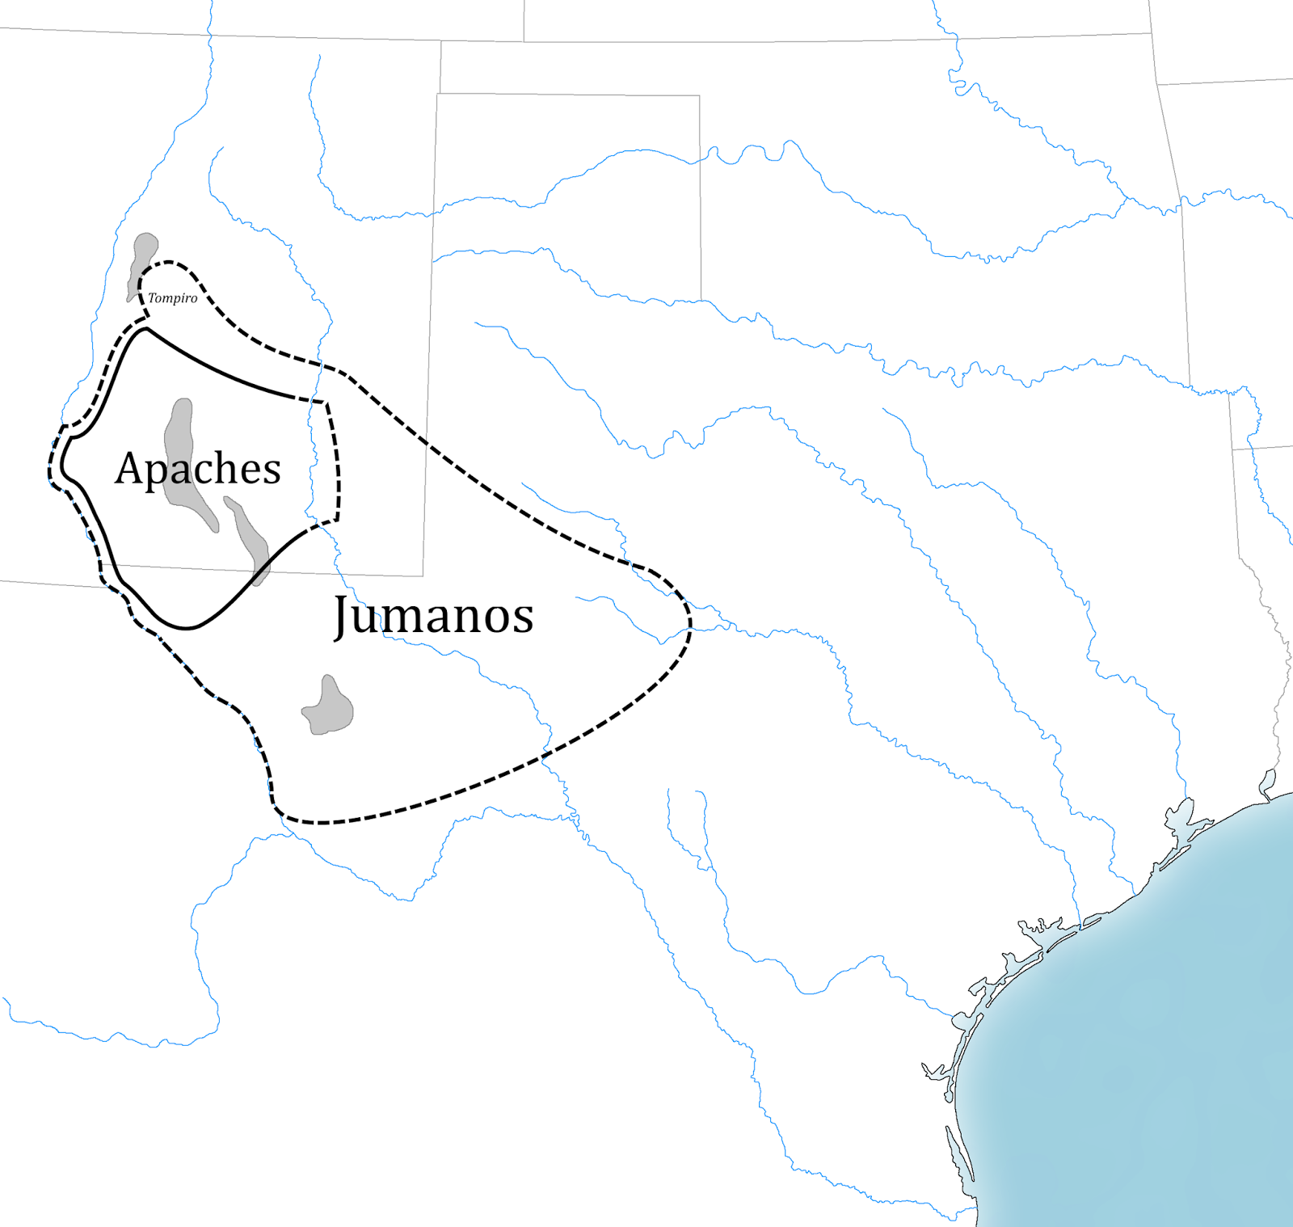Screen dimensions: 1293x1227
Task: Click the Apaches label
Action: point(198,469)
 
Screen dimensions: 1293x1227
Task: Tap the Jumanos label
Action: point(434,616)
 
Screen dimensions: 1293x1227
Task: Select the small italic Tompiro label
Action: point(172,298)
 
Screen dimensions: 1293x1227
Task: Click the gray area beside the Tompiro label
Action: point(143,259)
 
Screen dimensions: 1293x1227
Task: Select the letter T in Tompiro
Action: point(152,297)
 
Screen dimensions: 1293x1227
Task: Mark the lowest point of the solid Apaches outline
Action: point(186,627)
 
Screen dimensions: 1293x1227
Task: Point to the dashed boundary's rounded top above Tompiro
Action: point(168,262)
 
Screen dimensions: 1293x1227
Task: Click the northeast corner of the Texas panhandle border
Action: point(699,95)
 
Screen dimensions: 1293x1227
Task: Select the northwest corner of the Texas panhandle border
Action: point(437,94)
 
